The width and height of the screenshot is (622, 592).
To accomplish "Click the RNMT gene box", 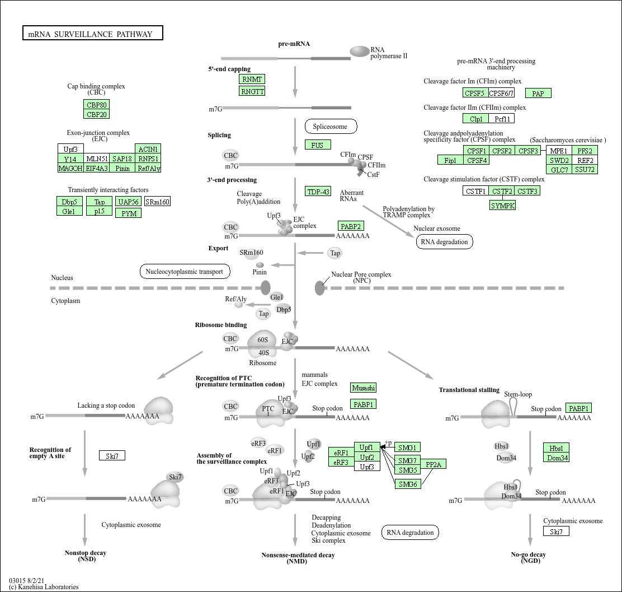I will [252, 79].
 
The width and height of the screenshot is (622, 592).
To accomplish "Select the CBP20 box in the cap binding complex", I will [96, 114].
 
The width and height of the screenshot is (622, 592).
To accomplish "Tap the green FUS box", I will [317, 145].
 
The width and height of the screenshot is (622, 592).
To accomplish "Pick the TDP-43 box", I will [318, 192].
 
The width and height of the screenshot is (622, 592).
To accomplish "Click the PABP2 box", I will [351, 226].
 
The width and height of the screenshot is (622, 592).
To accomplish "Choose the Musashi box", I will [364, 388].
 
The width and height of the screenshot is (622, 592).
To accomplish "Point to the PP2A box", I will [433, 464].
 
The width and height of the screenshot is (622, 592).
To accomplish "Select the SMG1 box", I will [407, 448].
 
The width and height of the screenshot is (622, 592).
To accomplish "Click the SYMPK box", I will [502, 206].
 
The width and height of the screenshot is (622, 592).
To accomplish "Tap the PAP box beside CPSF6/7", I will [538, 94].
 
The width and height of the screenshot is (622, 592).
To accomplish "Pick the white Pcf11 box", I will [501, 119].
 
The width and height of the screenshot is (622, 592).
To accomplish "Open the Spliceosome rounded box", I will [330, 127].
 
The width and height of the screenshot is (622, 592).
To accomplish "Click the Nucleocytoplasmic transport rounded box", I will [185, 272].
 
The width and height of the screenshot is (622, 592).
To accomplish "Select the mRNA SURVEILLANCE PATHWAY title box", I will [92, 34].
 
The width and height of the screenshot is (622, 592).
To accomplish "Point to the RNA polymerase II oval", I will [360, 52].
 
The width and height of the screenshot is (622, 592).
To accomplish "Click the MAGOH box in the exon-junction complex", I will [70, 168].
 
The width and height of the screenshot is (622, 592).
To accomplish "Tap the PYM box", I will [128, 213].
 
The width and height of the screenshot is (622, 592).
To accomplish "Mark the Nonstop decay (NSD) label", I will [85, 556].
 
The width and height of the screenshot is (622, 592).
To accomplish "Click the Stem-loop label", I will [518, 394].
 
